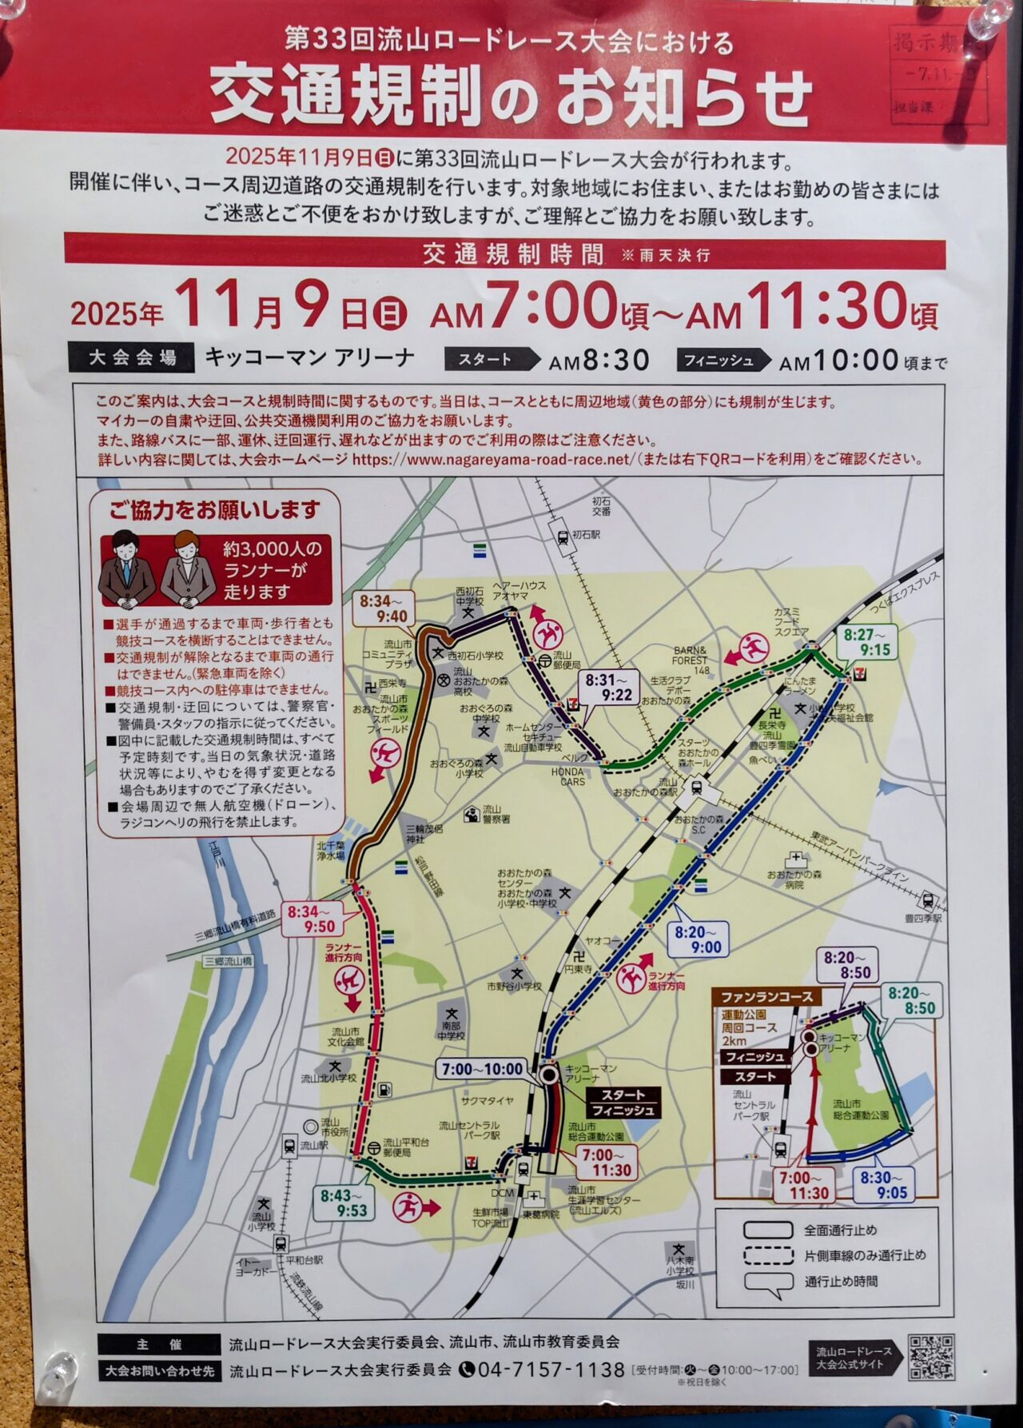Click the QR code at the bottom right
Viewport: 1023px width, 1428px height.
(x=930, y=1357)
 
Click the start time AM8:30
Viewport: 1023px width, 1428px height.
(x=599, y=361)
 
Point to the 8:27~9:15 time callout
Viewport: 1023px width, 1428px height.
(x=866, y=642)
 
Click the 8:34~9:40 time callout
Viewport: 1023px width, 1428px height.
(x=383, y=608)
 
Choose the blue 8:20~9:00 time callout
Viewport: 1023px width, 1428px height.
(x=697, y=939)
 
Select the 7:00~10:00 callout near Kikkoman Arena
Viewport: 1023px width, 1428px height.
(x=482, y=1069)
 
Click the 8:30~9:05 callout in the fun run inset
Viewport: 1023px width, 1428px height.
(x=883, y=1186)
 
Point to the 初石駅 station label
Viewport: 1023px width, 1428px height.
(x=586, y=534)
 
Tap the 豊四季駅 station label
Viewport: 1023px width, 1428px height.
(x=924, y=919)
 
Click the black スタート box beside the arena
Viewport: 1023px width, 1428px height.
(x=623, y=1095)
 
